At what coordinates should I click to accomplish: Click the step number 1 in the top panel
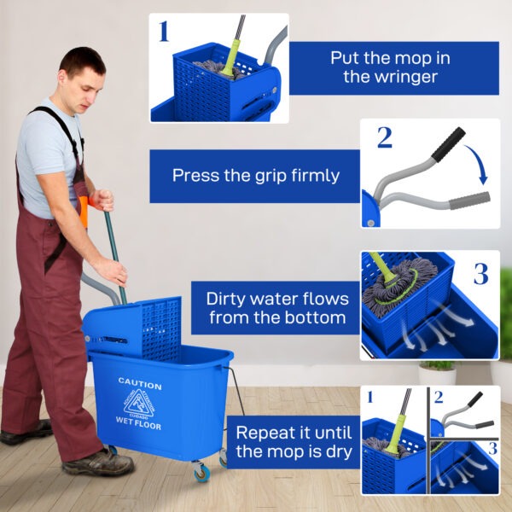pyautogui.click(x=164, y=32)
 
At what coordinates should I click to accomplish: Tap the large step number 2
pyautogui.click(x=385, y=137)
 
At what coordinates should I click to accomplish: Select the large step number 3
pyautogui.click(x=480, y=274)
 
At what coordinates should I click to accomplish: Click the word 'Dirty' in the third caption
pyautogui.click(x=230, y=299)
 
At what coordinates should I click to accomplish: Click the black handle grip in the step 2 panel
pyautogui.click(x=448, y=143)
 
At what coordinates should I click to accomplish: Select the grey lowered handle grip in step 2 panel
pyautogui.click(x=470, y=201)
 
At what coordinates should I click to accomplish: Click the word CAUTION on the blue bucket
pyautogui.click(x=139, y=382)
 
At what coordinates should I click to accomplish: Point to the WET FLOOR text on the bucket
pyautogui.click(x=138, y=424)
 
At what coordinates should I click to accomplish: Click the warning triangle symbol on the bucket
pyautogui.click(x=139, y=403)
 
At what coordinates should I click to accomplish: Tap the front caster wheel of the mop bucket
pyautogui.click(x=201, y=471)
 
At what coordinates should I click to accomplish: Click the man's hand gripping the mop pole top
pyautogui.click(x=102, y=200)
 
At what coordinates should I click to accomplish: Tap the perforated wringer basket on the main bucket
pyautogui.click(x=159, y=327)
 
